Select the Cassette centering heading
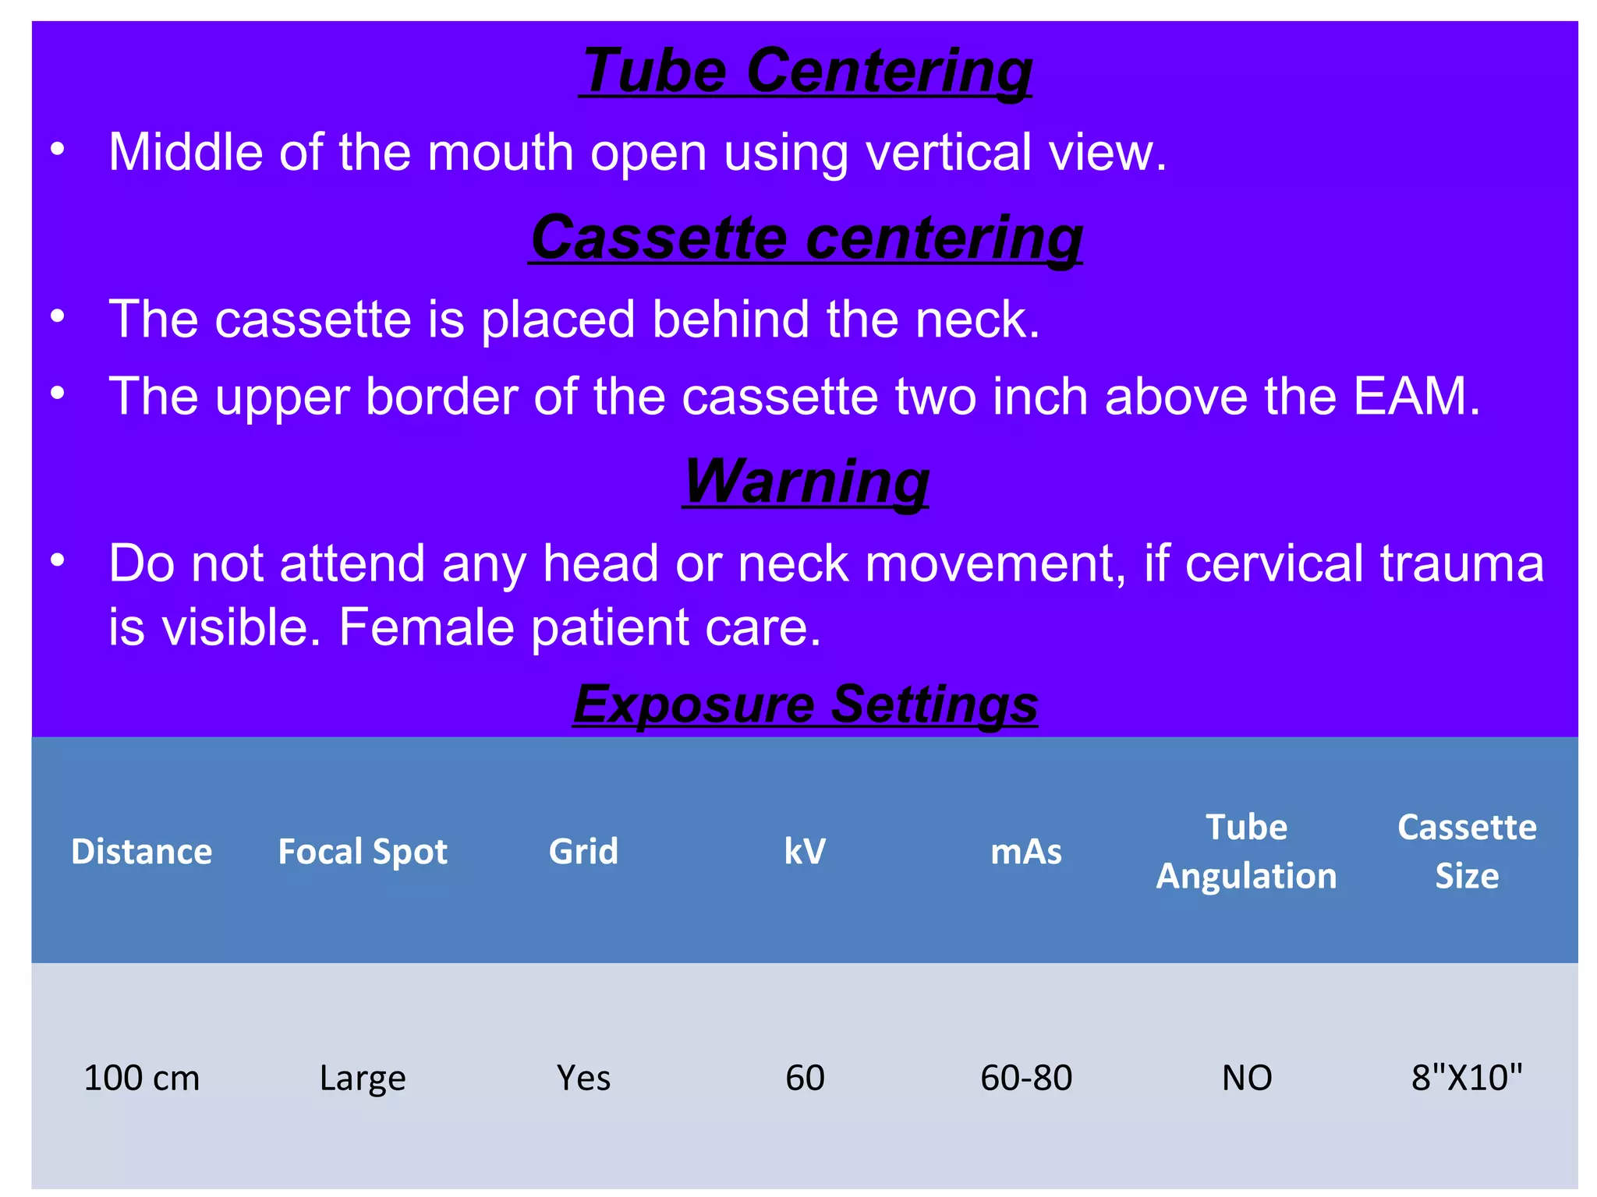coord(806,238)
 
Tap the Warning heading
coord(806,482)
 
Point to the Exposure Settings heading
coord(806,704)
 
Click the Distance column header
coord(141,851)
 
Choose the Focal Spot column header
coord(363,851)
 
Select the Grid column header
coord(583,851)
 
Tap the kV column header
coord(805,851)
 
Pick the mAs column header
coord(1025,851)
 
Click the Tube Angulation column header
coord(1246,851)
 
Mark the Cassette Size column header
coord(1467,851)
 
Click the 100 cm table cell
coord(141,1078)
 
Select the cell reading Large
coord(363,1078)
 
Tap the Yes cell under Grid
coord(583,1078)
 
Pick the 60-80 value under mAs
coord(1025,1078)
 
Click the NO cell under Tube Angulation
coord(1246,1078)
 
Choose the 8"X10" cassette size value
coord(1467,1078)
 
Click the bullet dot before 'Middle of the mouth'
coord(57,150)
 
